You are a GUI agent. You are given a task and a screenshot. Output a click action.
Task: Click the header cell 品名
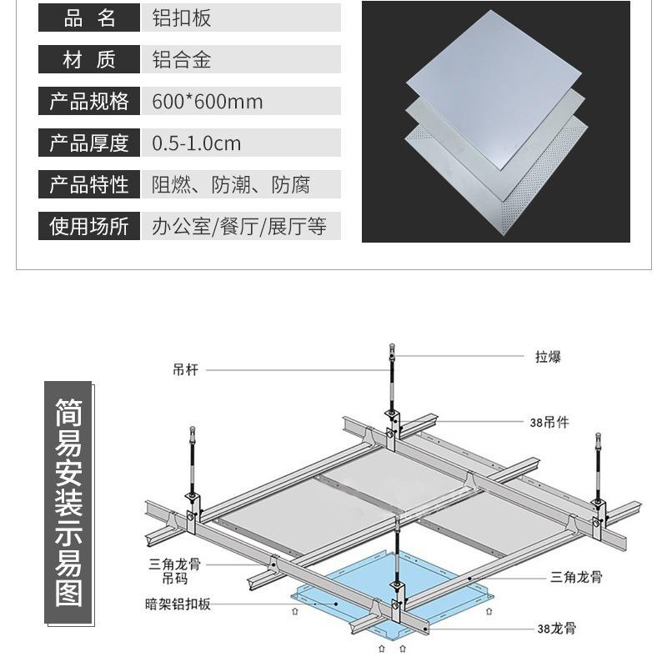[89, 18]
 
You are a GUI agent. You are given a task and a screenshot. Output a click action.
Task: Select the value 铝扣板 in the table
[180, 18]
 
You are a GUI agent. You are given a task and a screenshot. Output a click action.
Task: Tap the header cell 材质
[89, 59]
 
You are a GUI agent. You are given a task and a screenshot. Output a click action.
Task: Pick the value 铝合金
[180, 59]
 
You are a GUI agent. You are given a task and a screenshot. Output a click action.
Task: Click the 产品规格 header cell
[89, 101]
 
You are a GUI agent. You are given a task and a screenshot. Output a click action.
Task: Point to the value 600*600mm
[208, 102]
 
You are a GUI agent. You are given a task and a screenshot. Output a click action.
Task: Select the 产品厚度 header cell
[89, 143]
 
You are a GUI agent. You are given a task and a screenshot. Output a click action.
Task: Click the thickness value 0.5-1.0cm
[197, 143]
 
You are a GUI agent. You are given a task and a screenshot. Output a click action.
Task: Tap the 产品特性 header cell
[89, 184]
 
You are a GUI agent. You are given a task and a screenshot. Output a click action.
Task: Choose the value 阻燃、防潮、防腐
[231, 184]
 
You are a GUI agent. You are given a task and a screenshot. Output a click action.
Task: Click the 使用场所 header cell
[89, 226]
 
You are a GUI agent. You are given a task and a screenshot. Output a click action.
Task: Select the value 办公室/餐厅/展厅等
[239, 226]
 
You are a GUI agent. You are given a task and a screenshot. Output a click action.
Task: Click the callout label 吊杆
[184, 370]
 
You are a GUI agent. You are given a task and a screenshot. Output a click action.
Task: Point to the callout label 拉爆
[548, 357]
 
